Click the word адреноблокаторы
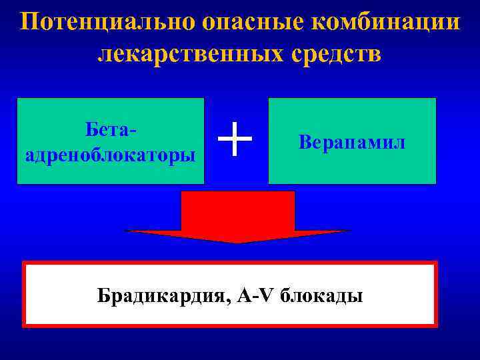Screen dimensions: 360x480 110,155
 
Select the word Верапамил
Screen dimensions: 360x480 352,142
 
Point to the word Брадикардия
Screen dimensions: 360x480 164,295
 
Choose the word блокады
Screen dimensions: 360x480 321,295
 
